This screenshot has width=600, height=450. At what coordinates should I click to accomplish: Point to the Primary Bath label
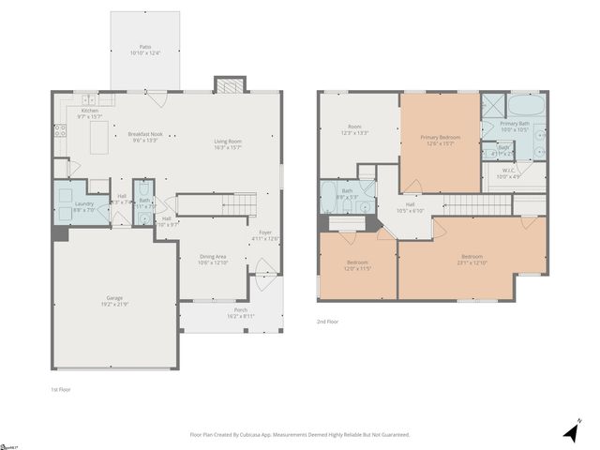515,126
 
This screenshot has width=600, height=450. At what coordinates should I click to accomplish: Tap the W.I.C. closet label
507,173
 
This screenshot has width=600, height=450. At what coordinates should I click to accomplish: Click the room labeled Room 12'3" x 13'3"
354,129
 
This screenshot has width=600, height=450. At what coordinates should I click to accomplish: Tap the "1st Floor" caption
61,388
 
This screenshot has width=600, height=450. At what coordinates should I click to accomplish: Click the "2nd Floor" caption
328,321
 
